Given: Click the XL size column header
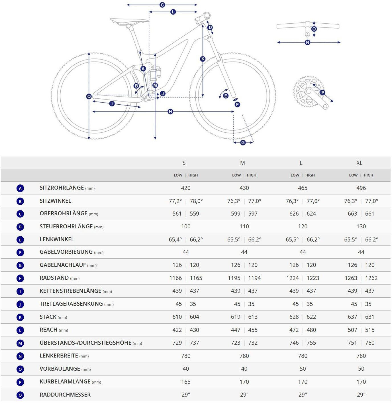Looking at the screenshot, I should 359,163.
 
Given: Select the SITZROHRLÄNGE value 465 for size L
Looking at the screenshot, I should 303,188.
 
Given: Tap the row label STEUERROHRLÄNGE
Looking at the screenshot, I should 66,227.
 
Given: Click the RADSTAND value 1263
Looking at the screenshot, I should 351,278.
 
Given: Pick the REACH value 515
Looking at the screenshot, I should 370,330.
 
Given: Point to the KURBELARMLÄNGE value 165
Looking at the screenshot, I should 186,382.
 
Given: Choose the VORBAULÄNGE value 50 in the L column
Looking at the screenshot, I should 303,369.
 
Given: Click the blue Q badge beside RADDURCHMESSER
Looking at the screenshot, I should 20,395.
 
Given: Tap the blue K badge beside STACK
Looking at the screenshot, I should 20,317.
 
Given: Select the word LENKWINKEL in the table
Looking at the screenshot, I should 57,239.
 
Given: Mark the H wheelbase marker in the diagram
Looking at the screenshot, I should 170,111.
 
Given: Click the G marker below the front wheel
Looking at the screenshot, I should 243,143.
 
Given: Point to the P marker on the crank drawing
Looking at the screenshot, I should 322,92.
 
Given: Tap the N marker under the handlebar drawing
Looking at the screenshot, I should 307,42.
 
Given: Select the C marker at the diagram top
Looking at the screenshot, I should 162,5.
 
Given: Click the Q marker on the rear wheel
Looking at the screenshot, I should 89,97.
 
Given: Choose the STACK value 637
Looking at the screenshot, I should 352,317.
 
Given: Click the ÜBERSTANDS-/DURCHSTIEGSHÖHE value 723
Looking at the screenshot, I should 236,343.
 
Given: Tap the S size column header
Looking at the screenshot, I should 184,163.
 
